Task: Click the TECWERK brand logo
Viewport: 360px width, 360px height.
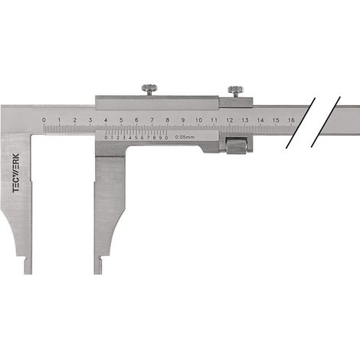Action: tap(16, 173)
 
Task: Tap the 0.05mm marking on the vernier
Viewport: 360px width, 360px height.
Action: tap(185, 137)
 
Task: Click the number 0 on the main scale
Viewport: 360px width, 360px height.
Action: tap(44, 120)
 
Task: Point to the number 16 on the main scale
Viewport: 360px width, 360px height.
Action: tap(291, 120)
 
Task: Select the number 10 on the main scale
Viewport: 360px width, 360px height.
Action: tap(198, 120)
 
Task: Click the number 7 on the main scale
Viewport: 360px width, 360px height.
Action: tap(152, 120)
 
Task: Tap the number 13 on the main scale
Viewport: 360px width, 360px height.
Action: tap(245, 120)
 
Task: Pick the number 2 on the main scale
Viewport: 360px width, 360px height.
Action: tap(75, 120)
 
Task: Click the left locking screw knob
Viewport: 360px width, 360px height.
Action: tap(149, 88)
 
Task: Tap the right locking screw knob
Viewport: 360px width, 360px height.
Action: tap(235, 90)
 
